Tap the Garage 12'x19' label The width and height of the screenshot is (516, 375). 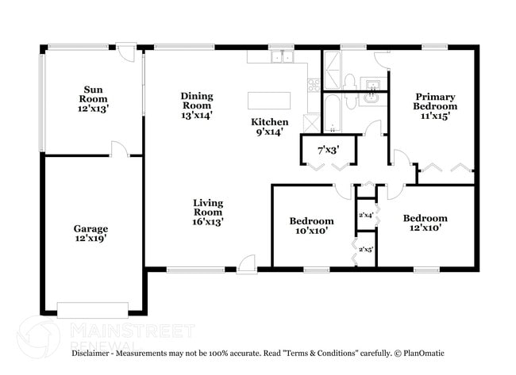(90, 233)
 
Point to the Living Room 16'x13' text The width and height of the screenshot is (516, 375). (208, 212)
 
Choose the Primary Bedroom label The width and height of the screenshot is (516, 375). (435, 106)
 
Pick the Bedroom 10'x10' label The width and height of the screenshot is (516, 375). (311, 226)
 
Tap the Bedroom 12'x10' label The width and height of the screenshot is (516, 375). (425, 223)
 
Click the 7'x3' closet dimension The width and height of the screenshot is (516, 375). (329, 149)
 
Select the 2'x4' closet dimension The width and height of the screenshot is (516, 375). (366, 214)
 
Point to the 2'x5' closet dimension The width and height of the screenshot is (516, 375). (366, 250)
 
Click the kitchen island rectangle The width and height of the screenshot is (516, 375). (269, 100)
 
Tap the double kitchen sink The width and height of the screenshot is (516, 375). (281, 56)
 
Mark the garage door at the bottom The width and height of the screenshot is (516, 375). (93, 310)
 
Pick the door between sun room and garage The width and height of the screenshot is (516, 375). (118, 149)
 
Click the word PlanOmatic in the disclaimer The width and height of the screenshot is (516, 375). (424, 354)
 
